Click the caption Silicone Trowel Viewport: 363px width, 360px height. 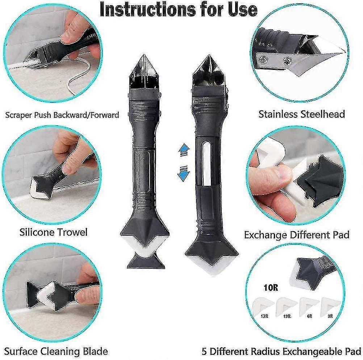click(53, 232)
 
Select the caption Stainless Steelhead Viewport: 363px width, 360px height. click(301, 114)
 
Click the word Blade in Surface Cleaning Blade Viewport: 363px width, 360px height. click(92, 351)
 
